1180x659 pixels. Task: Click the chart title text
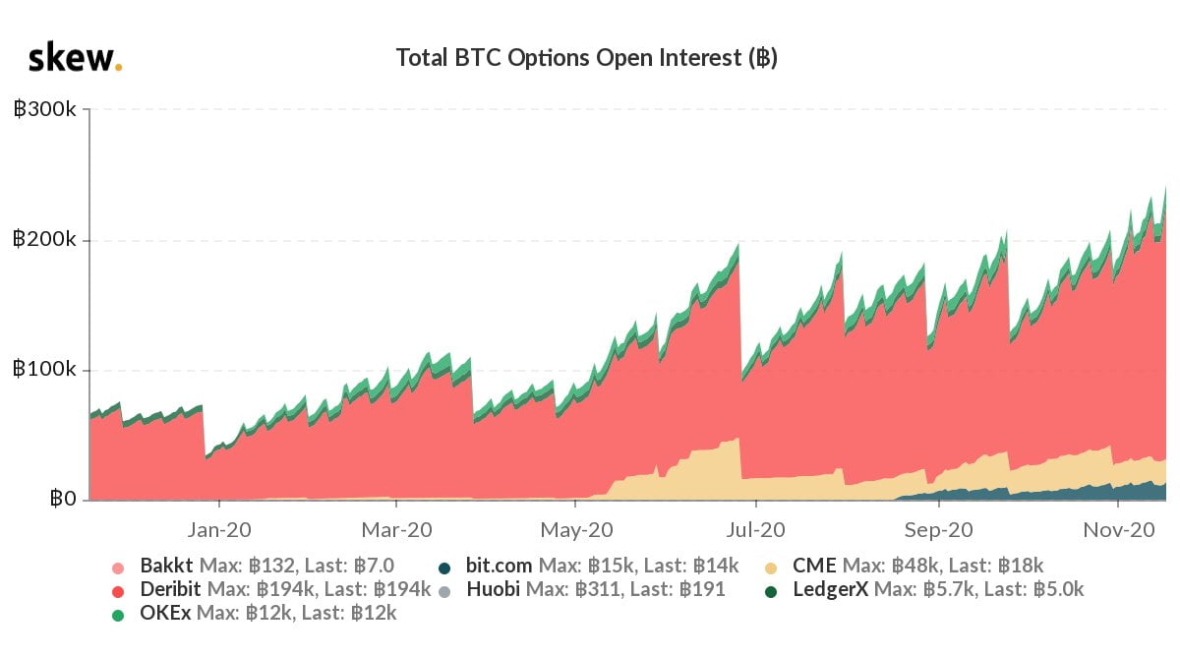point(586,58)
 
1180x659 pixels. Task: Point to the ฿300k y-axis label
point(45,109)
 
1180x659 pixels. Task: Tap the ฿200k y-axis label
point(45,240)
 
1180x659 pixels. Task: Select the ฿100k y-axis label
point(45,371)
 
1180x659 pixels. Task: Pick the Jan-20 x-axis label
point(219,529)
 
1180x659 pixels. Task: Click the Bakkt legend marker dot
point(118,568)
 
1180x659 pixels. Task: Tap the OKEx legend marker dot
point(118,614)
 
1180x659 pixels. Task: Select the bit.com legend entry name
point(499,567)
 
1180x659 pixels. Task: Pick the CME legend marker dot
point(771,568)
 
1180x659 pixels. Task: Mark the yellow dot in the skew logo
point(118,68)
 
